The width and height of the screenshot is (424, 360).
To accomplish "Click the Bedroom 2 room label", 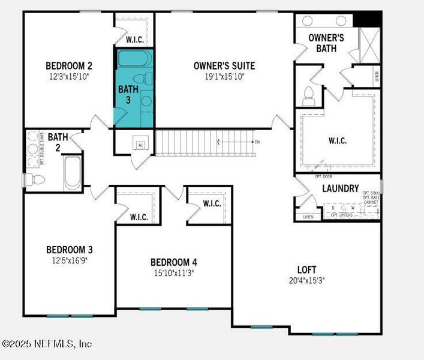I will pos(68,65).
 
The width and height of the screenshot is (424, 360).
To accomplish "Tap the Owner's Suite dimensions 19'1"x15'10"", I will pos(224,76).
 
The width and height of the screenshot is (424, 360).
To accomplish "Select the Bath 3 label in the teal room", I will pos(128,94).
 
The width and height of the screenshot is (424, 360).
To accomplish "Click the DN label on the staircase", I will pos(257,142).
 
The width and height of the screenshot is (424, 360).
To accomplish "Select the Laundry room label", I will pos(340,188).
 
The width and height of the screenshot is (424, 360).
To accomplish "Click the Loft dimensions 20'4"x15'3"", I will pos(306,280).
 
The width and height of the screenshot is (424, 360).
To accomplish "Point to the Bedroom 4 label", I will pos(173,262).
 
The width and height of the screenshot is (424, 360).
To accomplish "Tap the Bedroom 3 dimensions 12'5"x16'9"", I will pos(69,260).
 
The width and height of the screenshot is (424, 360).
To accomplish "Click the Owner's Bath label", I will pos(326,43).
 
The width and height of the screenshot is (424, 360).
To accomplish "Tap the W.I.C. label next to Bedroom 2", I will pos(134,40).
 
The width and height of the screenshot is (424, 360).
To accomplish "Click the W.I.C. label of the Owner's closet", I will pos(338,141).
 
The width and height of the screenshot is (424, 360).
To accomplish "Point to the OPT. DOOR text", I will pos(323,177).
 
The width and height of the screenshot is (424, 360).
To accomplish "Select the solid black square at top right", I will pos(366,19).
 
